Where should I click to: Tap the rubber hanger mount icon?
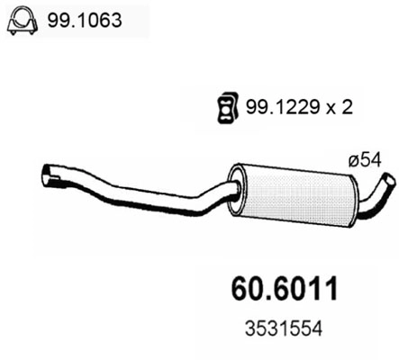[x=226, y=108]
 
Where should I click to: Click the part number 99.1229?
[x=276, y=108]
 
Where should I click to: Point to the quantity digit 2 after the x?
[x=347, y=108]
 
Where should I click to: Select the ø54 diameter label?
[x=364, y=160]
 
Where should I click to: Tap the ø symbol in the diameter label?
[x=353, y=160]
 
